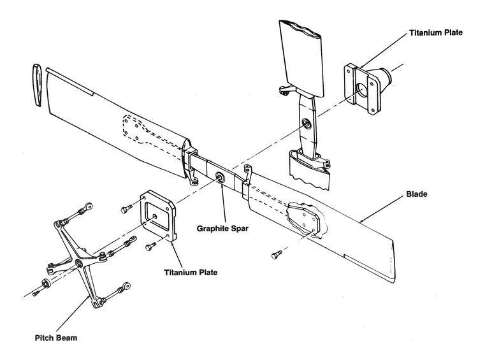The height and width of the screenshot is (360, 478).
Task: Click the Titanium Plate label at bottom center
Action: pyautogui.click(x=191, y=272)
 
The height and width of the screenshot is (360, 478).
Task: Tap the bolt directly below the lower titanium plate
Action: pyautogui.click(x=151, y=244)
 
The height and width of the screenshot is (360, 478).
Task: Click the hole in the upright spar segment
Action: pyautogui.click(x=308, y=124)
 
